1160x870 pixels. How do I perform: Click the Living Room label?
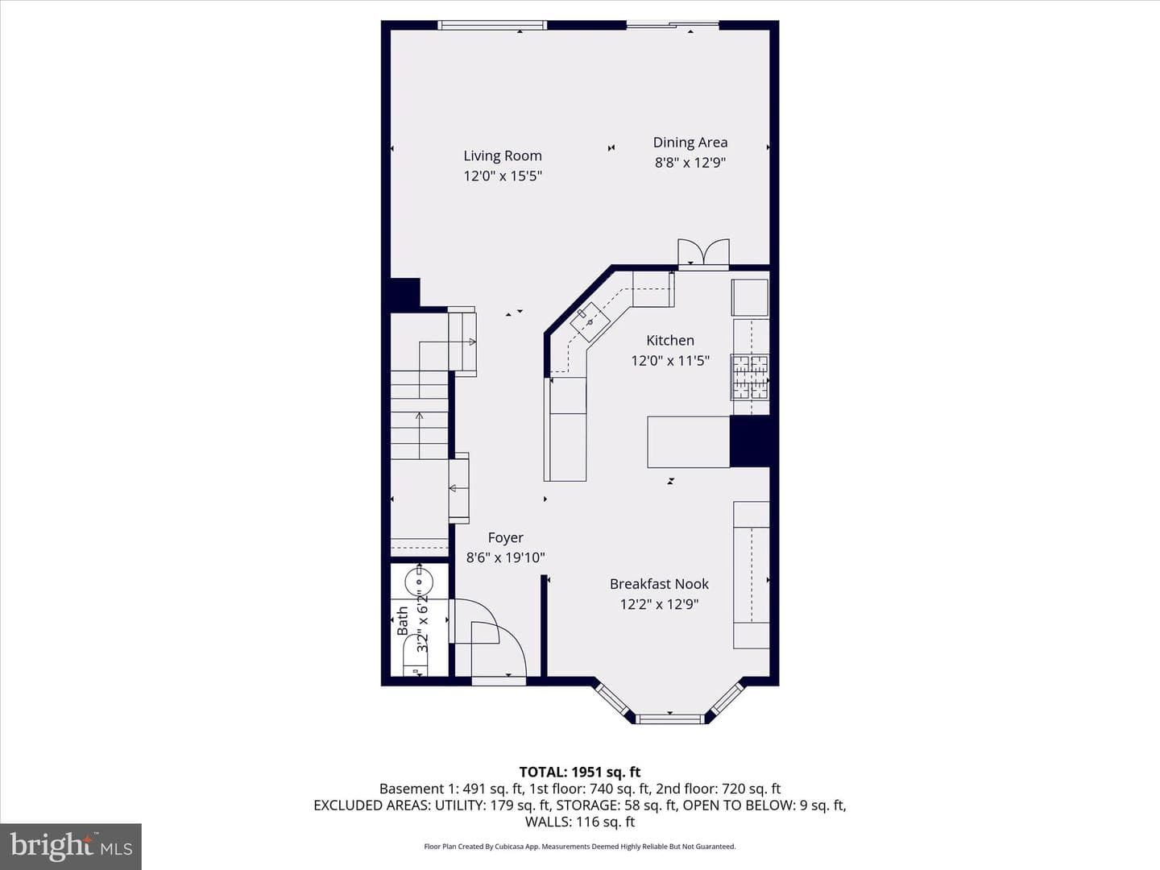pos(503,155)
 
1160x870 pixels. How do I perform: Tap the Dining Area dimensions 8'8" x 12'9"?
pos(690,162)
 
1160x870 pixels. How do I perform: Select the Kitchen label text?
pos(670,340)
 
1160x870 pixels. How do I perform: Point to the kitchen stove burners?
pos(750,377)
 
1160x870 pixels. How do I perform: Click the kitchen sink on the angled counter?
pos(590,321)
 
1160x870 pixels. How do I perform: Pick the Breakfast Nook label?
pos(659,584)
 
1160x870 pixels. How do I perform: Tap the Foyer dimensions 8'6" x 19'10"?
pos(505,557)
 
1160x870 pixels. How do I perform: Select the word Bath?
pos(403,620)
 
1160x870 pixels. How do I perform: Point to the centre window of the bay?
pos(669,719)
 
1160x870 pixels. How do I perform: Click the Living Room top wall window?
pos(492,25)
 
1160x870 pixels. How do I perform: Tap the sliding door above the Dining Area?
pos(673,24)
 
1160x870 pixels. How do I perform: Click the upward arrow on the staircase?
pos(419,435)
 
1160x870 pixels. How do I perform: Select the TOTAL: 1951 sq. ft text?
pos(580,772)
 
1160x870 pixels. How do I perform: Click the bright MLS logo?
pos(71,846)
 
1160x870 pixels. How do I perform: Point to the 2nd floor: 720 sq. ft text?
pos(719,789)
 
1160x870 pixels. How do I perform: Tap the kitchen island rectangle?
pos(689,441)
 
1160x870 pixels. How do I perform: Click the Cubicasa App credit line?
pos(580,846)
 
